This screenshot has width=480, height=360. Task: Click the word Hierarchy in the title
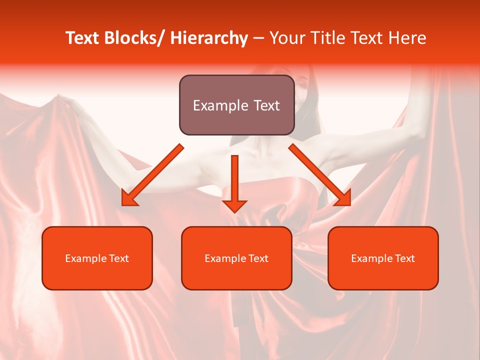coord(208,38)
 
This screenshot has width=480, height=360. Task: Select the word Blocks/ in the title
coord(134,38)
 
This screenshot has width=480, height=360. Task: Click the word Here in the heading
coord(407,38)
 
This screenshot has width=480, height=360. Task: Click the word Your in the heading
coord(287,38)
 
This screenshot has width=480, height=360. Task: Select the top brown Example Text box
coord(236,105)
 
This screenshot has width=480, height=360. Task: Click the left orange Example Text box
coord(97,258)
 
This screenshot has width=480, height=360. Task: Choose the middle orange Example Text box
coord(236,258)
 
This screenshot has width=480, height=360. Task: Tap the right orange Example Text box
coord(383,258)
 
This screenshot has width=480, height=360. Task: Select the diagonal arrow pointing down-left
coord(152,175)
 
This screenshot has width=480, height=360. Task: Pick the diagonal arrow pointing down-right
coord(320,175)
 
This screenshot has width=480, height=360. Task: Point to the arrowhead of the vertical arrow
coord(234,206)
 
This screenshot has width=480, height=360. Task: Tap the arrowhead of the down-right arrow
coord(343,198)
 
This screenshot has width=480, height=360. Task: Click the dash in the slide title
coord(258,39)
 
